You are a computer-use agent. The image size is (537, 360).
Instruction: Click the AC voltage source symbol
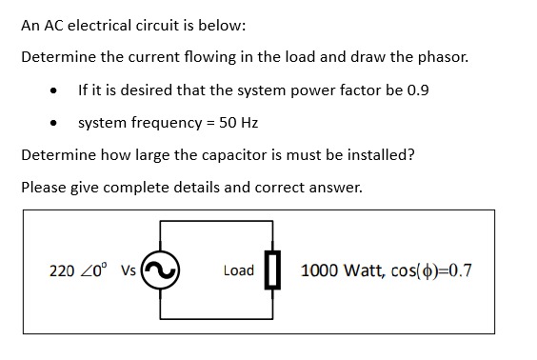click(162, 270)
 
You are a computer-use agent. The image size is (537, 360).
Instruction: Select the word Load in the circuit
click(238, 270)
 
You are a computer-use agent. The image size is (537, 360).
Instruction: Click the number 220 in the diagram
click(62, 270)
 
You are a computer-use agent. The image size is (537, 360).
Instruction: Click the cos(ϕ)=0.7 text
click(433, 270)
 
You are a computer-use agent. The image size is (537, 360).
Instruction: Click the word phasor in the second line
click(443, 56)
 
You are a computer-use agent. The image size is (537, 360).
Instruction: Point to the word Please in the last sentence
click(44, 187)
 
